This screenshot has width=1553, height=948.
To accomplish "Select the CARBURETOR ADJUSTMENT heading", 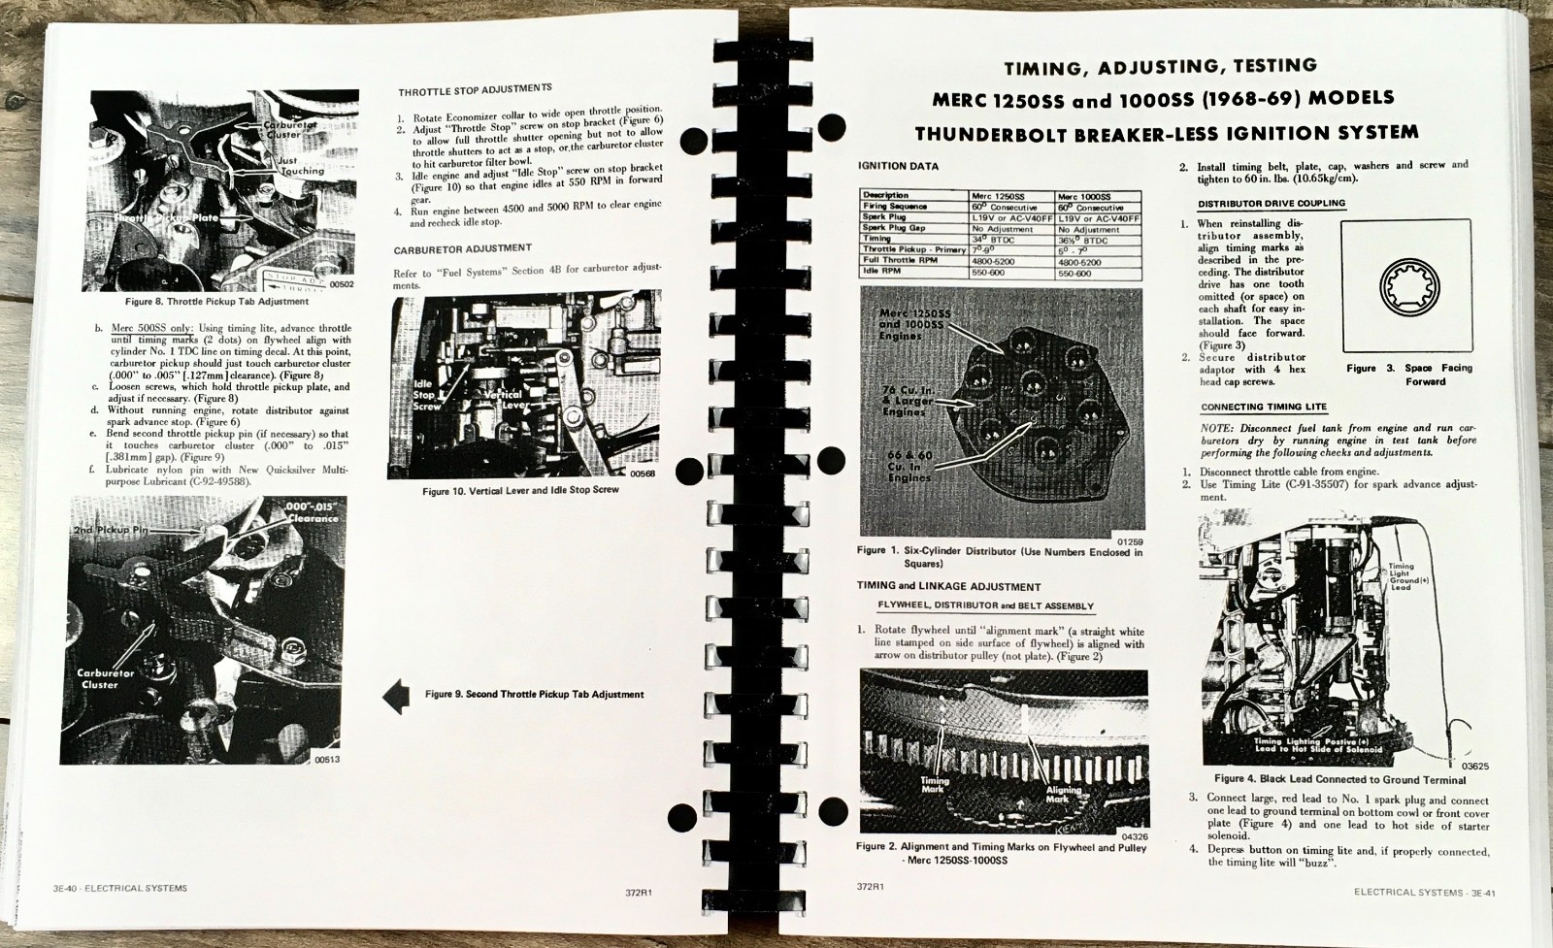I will click(x=462, y=248).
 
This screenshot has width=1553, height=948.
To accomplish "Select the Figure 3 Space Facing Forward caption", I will click(x=1409, y=375).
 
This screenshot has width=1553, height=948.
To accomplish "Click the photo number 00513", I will click(x=328, y=759).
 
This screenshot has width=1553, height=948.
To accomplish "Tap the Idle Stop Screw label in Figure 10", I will click(x=424, y=395).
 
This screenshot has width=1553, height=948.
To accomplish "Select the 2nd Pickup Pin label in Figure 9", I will click(x=110, y=532).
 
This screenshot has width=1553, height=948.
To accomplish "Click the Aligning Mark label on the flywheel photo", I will click(x=1057, y=793).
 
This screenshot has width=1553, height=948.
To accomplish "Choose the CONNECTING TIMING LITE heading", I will click(x=1263, y=408).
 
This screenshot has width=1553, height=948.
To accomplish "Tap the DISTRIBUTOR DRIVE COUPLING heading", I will click(x=1271, y=204).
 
